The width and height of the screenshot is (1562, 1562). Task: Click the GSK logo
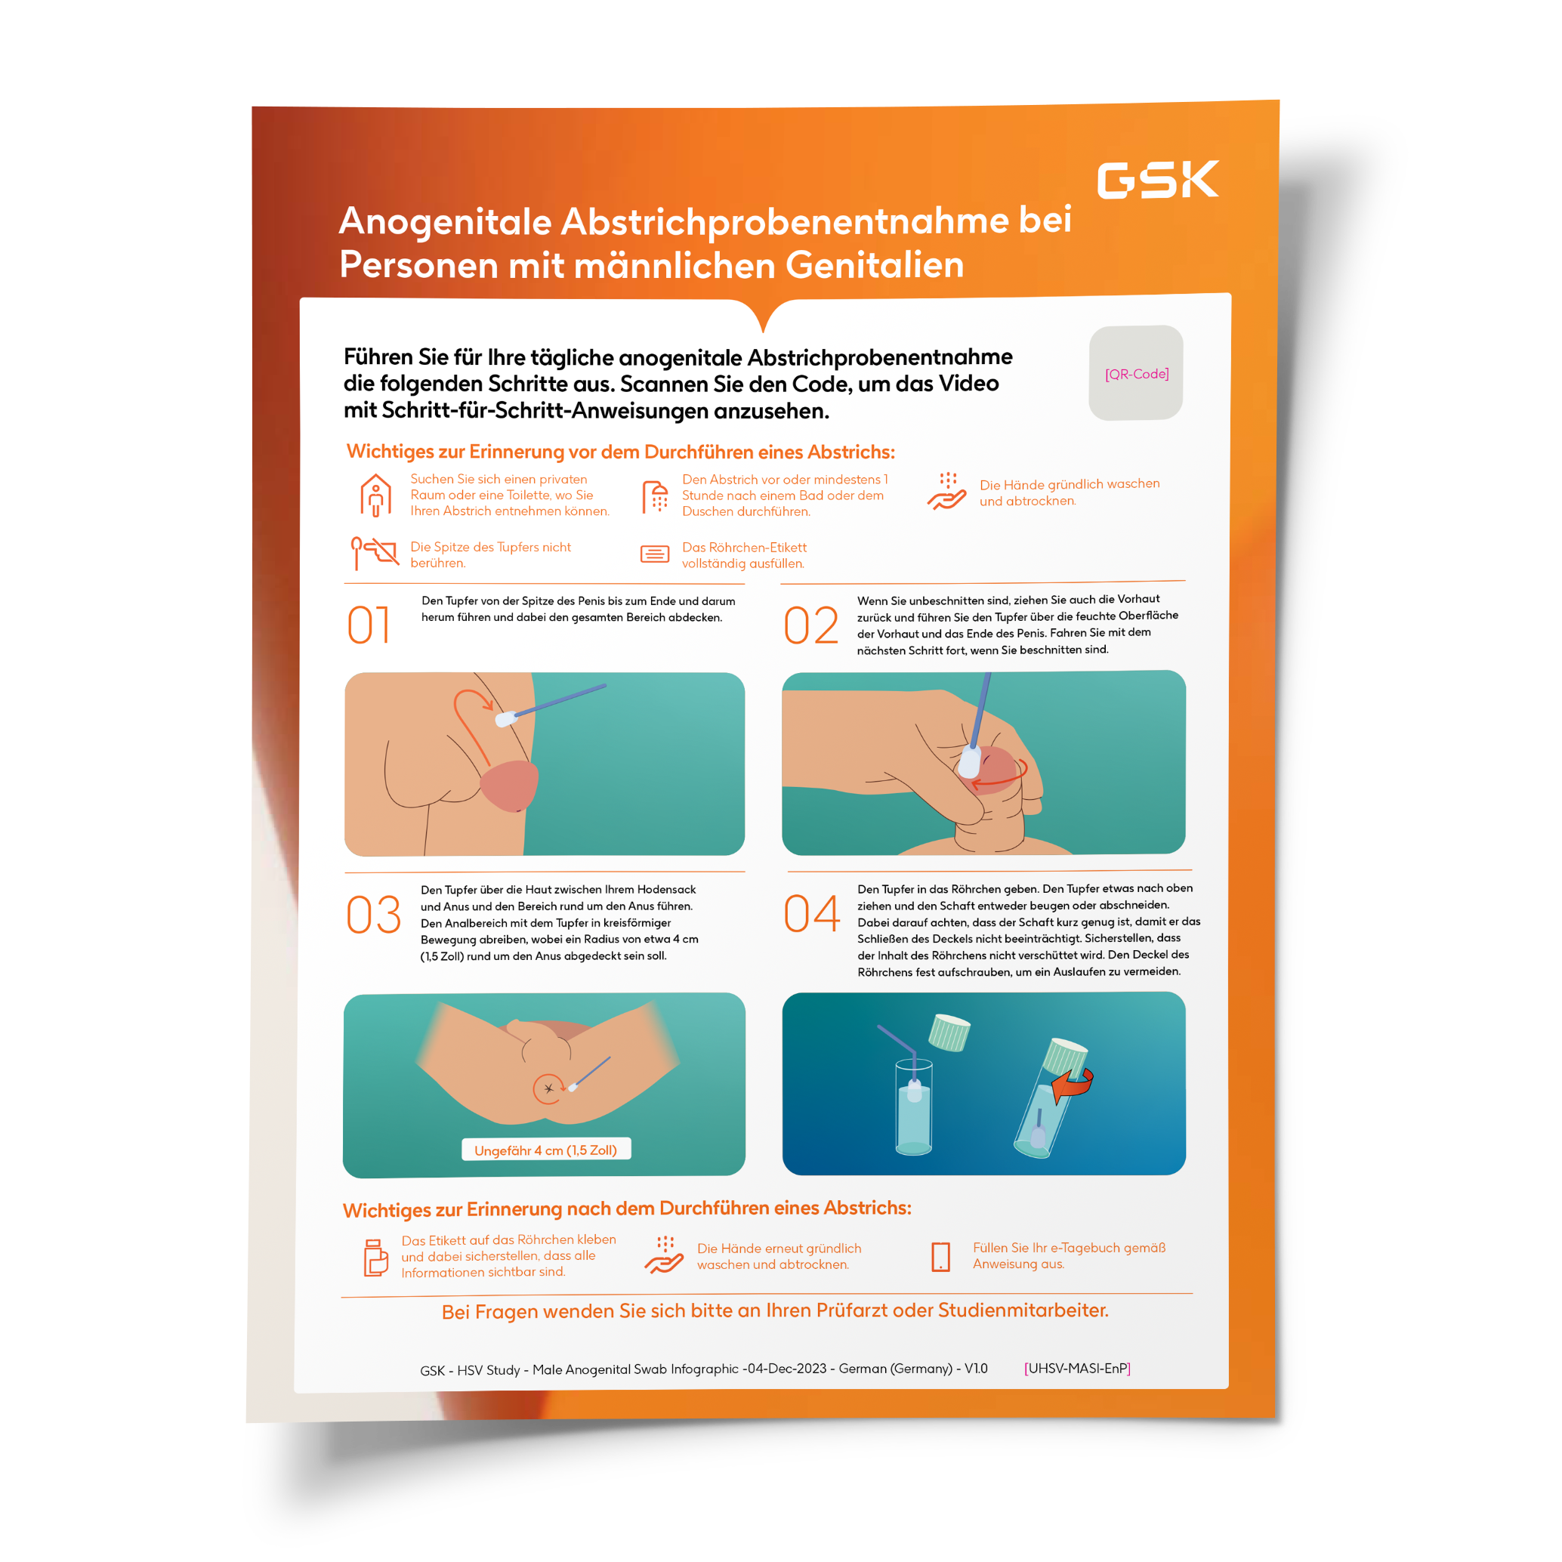point(1157,180)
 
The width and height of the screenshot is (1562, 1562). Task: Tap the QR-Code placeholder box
point(1136,372)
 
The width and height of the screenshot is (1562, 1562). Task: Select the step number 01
point(369,625)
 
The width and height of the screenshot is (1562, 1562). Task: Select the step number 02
point(811,625)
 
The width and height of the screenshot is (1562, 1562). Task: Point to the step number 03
point(374,915)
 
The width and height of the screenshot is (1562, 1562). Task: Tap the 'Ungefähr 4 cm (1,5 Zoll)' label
point(546,1150)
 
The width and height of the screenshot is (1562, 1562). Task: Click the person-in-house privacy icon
point(376,495)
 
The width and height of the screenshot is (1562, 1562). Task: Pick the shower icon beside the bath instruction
point(655,496)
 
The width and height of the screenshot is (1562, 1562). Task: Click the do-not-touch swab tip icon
point(375,552)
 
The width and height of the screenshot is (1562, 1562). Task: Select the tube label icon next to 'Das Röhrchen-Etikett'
point(655,554)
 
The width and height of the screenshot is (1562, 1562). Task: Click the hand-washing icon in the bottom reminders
point(664,1254)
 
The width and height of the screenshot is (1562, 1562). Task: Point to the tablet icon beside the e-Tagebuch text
point(941,1256)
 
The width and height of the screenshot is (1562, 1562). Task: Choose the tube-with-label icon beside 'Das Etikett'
point(375,1257)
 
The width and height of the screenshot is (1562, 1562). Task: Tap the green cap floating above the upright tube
point(949,1032)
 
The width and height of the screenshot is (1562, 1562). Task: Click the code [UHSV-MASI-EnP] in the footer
point(1077,1368)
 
